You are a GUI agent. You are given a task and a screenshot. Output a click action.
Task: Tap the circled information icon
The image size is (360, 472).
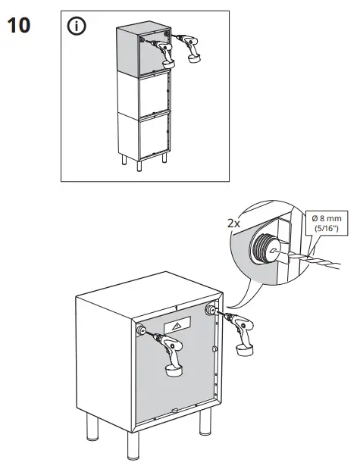[x=77, y=27]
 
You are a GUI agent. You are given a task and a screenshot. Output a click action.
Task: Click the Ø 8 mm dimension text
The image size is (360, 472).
[x=327, y=219]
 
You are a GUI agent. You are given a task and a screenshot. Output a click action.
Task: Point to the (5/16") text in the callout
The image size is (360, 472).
[x=327, y=230]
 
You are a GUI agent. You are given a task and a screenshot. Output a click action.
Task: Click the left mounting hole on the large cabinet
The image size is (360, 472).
[x=140, y=331]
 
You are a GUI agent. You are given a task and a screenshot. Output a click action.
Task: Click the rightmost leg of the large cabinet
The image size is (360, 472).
[x=204, y=423]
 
